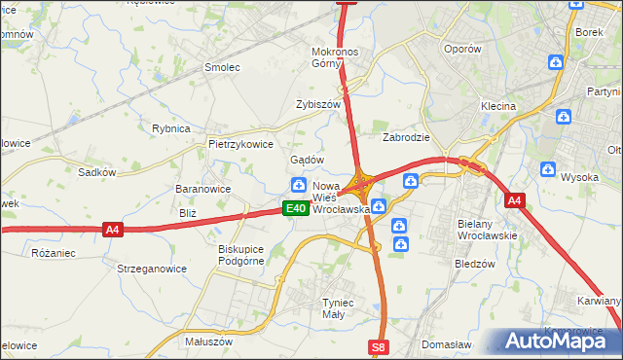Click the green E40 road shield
point(296,208)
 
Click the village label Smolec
point(221,67)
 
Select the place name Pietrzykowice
point(240,143)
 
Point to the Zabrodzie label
point(406,137)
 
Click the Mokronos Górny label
point(337,57)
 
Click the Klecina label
point(497,105)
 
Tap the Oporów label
point(461,49)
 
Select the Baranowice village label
point(202,189)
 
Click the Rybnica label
point(170,127)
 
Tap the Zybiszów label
point(318,104)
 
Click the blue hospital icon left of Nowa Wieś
point(299,186)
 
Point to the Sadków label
point(97,172)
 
